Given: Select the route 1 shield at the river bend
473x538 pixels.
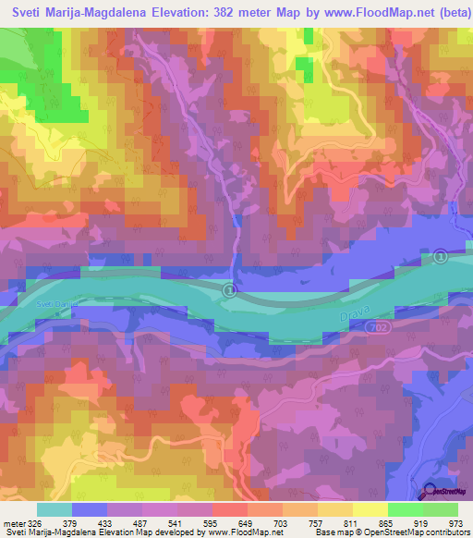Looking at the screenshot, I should click(229, 291).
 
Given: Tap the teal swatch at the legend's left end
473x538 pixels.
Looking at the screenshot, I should click(55, 509).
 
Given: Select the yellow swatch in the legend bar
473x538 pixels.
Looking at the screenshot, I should click(370, 509).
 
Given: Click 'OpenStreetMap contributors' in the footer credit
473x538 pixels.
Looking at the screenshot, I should click(419, 532).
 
